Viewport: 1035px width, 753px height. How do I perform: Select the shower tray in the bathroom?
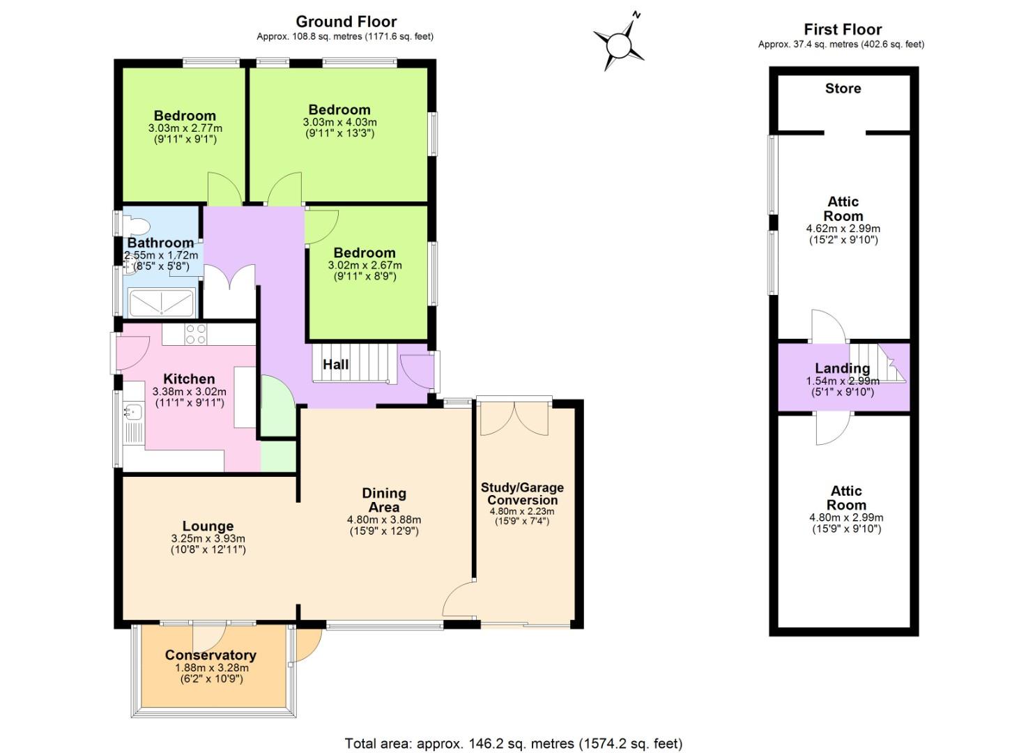click(162, 304)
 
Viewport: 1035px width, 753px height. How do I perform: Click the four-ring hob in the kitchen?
click(196, 334)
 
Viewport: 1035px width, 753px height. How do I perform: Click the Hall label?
click(335, 364)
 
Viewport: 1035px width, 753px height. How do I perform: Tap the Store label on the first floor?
click(843, 89)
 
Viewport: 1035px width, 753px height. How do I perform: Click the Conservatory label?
click(210, 655)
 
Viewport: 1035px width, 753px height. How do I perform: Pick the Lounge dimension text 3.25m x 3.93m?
click(208, 538)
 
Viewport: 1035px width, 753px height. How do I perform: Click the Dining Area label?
click(384, 500)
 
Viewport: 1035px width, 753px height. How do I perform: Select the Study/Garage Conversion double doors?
click(514, 418)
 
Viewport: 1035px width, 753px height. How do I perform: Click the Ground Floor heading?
click(346, 22)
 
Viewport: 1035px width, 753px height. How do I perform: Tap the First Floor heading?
click(842, 29)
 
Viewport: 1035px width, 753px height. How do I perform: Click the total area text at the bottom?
click(513, 743)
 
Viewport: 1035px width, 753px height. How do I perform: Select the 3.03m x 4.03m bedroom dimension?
click(339, 122)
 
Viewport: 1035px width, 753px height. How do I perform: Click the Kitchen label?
click(189, 379)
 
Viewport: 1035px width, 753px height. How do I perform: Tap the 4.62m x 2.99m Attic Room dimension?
click(843, 229)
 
